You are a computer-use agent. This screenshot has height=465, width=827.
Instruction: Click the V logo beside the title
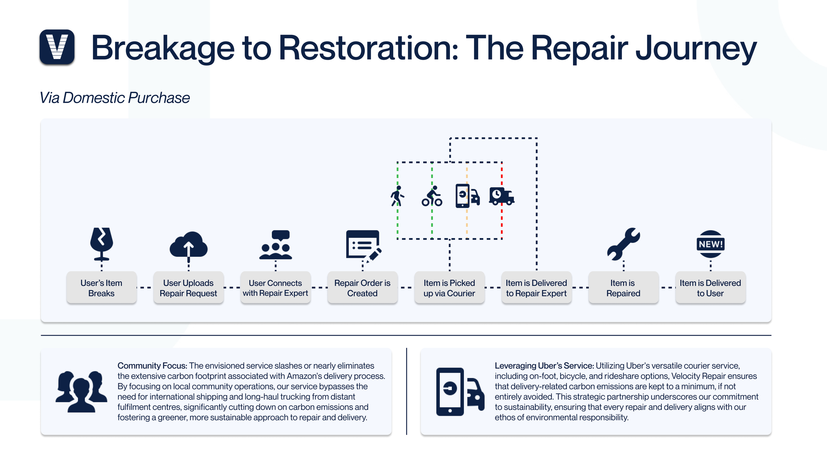click(57, 47)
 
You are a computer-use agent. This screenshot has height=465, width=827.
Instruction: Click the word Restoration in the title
click(369, 48)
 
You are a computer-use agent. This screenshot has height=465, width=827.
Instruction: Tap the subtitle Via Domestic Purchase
click(115, 98)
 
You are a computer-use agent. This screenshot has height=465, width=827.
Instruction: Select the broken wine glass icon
click(102, 244)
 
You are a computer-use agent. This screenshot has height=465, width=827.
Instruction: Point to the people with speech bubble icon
click(276, 245)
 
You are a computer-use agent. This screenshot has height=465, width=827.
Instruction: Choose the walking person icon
click(398, 196)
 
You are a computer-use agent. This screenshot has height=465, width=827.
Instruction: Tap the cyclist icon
click(432, 196)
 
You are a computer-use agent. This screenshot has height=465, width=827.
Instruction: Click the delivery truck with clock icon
click(502, 196)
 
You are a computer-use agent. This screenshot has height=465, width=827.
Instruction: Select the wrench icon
click(623, 244)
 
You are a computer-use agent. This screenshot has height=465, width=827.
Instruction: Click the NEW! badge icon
click(711, 244)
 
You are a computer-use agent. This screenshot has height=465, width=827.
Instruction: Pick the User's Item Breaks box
click(102, 287)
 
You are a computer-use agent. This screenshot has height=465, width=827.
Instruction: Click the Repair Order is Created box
click(362, 287)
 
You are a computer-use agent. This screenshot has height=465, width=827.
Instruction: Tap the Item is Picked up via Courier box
click(450, 287)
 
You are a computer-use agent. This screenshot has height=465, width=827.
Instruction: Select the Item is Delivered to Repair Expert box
click(536, 287)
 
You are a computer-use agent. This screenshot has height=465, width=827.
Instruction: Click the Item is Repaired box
click(623, 287)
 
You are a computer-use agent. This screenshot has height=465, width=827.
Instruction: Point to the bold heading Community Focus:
click(152, 366)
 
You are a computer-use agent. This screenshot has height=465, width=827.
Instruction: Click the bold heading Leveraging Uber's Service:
click(544, 366)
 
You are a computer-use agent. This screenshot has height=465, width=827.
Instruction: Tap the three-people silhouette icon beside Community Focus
click(81, 391)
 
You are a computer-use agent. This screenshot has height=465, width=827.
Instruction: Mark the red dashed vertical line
click(502, 201)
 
